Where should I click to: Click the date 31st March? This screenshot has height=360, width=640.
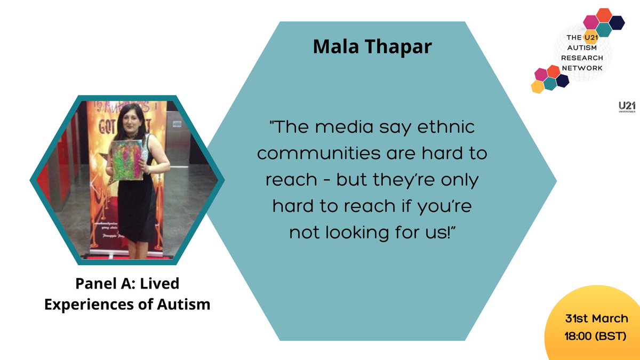click(596, 319)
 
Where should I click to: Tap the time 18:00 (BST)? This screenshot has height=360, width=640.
click(596, 337)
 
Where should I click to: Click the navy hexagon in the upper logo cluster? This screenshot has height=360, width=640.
click(617, 22)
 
